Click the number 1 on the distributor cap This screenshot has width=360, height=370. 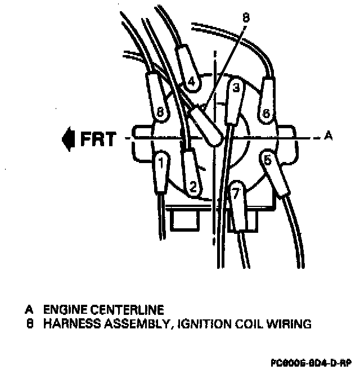click(x=161, y=164)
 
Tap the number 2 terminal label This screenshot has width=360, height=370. click(x=192, y=185)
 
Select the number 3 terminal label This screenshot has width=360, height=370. click(x=236, y=88)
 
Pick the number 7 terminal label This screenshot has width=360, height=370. click(x=237, y=194)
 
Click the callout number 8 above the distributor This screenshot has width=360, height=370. click(x=245, y=17)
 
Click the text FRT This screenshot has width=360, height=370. click(x=98, y=138)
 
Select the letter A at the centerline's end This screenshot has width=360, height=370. click(x=329, y=136)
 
